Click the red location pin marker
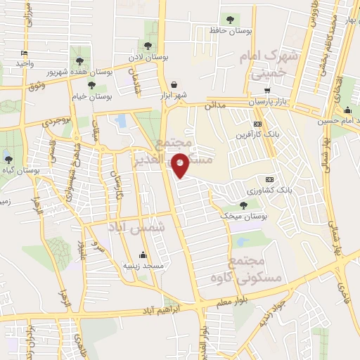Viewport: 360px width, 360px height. [181, 165]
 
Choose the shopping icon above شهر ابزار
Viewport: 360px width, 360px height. [174, 84]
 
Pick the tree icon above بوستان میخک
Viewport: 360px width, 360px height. [243, 205]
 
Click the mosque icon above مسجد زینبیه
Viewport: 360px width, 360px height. [143, 255]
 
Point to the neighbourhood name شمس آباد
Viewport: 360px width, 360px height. [136, 227]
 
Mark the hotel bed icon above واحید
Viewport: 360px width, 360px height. [25, 53]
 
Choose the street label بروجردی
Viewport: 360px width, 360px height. [57, 120]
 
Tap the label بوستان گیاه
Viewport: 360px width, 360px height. [20, 169]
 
